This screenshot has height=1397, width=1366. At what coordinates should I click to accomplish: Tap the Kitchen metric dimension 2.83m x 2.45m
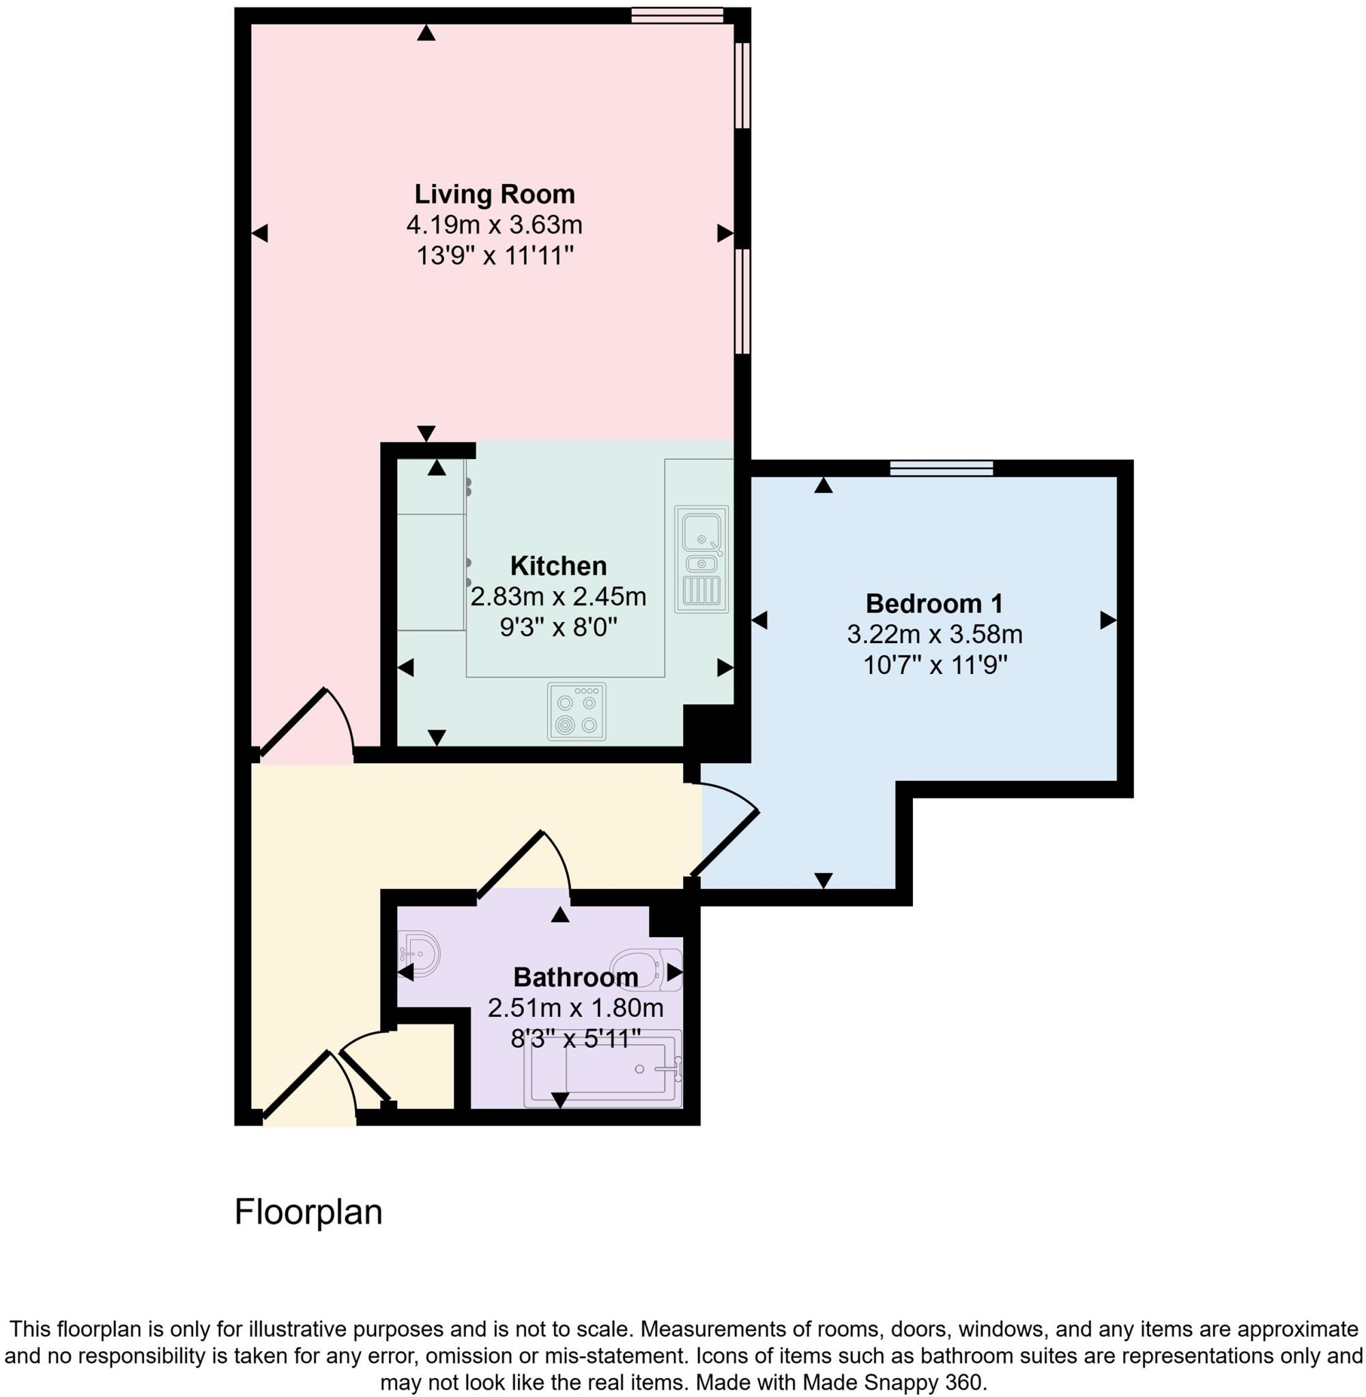[x=558, y=597]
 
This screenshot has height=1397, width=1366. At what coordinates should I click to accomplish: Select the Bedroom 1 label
[x=933, y=603]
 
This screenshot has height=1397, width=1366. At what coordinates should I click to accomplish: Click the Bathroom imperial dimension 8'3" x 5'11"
[x=575, y=1038]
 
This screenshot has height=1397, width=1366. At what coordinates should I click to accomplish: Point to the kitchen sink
[x=701, y=559]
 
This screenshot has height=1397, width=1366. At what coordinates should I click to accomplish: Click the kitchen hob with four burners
[x=576, y=711]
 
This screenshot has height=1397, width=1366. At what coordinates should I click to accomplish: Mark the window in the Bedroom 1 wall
[x=942, y=469]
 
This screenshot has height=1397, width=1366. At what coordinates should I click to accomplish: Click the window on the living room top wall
[x=678, y=15]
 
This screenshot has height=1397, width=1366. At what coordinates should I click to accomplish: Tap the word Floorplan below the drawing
[x=308, y=1211]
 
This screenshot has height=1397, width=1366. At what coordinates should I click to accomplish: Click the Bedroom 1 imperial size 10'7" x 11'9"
[x=935, y=666]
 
